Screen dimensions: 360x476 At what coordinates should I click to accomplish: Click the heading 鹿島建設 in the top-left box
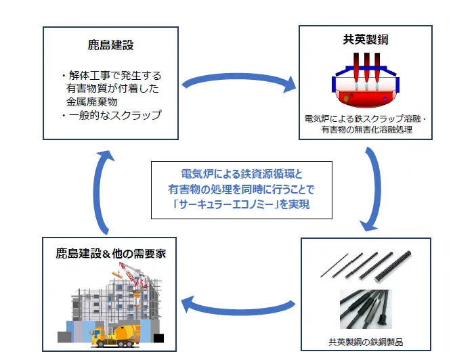(x=111, y=45)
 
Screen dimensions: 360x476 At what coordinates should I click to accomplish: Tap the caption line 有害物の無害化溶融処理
(x=366, y=129)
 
